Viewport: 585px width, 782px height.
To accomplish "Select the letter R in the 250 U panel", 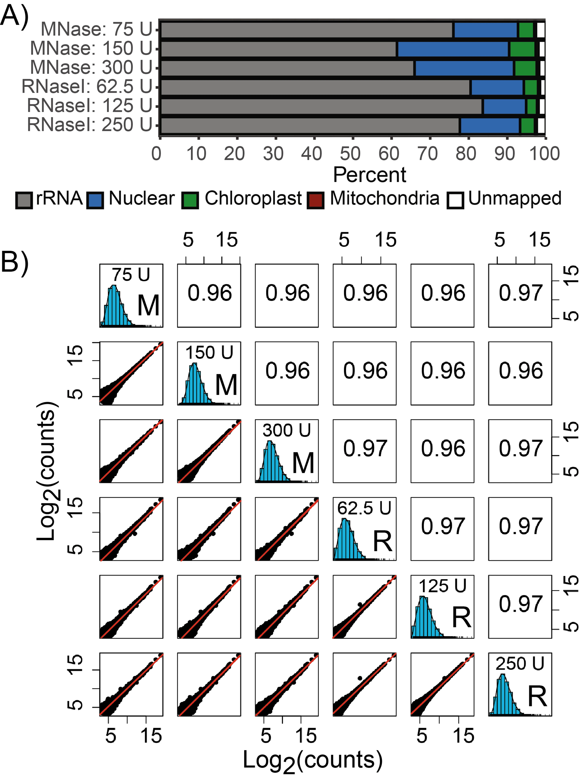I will pos(537,696).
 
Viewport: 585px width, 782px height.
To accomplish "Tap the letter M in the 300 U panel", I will pos(303,463).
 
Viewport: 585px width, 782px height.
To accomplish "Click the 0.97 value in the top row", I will pos(520,293).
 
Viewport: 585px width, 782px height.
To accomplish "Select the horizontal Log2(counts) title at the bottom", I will pos(312,761).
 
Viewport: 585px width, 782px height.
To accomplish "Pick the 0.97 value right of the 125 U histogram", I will pos(520,604).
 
